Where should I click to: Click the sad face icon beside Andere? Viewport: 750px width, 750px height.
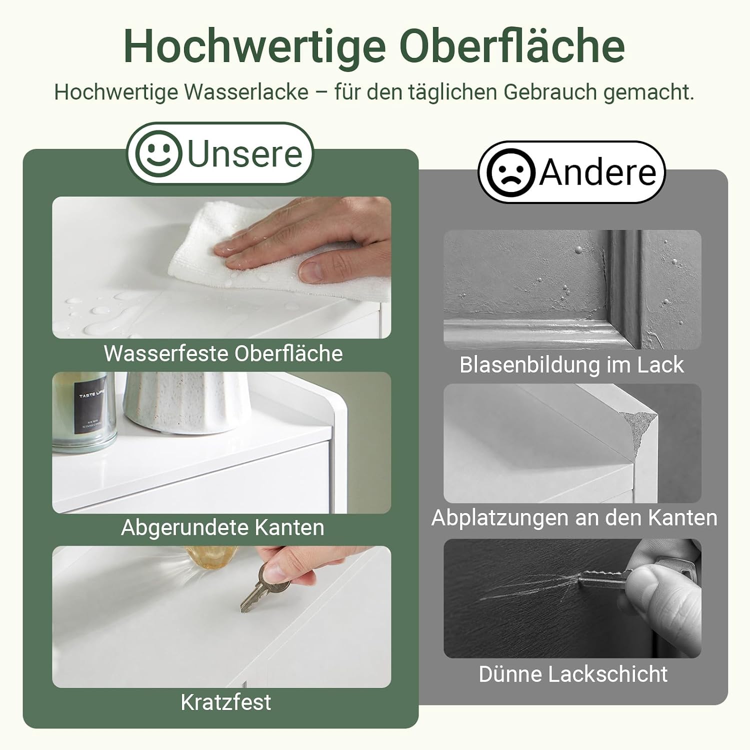pyautogui.click(x=510, y=172)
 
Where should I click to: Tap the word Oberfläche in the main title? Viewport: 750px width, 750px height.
pyautogui.click(x=512, y=47)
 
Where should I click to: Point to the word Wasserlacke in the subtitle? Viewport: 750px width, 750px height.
pyautogui.click(x=246, y=92)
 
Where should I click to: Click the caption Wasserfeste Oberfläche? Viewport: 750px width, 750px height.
pyautogui.click(x=223, y=353)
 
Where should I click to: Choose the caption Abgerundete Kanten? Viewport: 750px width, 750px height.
pyautogui.click(x=222, y=527)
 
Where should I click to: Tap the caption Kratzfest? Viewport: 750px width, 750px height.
pyautogui.click(x=225, y=702)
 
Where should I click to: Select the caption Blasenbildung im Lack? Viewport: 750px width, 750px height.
pyautogui.click(x=571, y=364)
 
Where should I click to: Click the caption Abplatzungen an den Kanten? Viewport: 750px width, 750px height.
pyautogui.click(x=574, y=517)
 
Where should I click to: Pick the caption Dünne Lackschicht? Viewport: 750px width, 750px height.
pyautogui.click(x=573, y=674)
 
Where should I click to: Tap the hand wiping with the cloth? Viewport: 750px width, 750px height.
pyautogui.click(x=305, y=240)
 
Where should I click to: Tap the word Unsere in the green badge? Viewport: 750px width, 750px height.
pyautogui.click(x=245, y=153)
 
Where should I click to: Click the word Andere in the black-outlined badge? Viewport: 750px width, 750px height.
pyautogui.click(x=597, y=172)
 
